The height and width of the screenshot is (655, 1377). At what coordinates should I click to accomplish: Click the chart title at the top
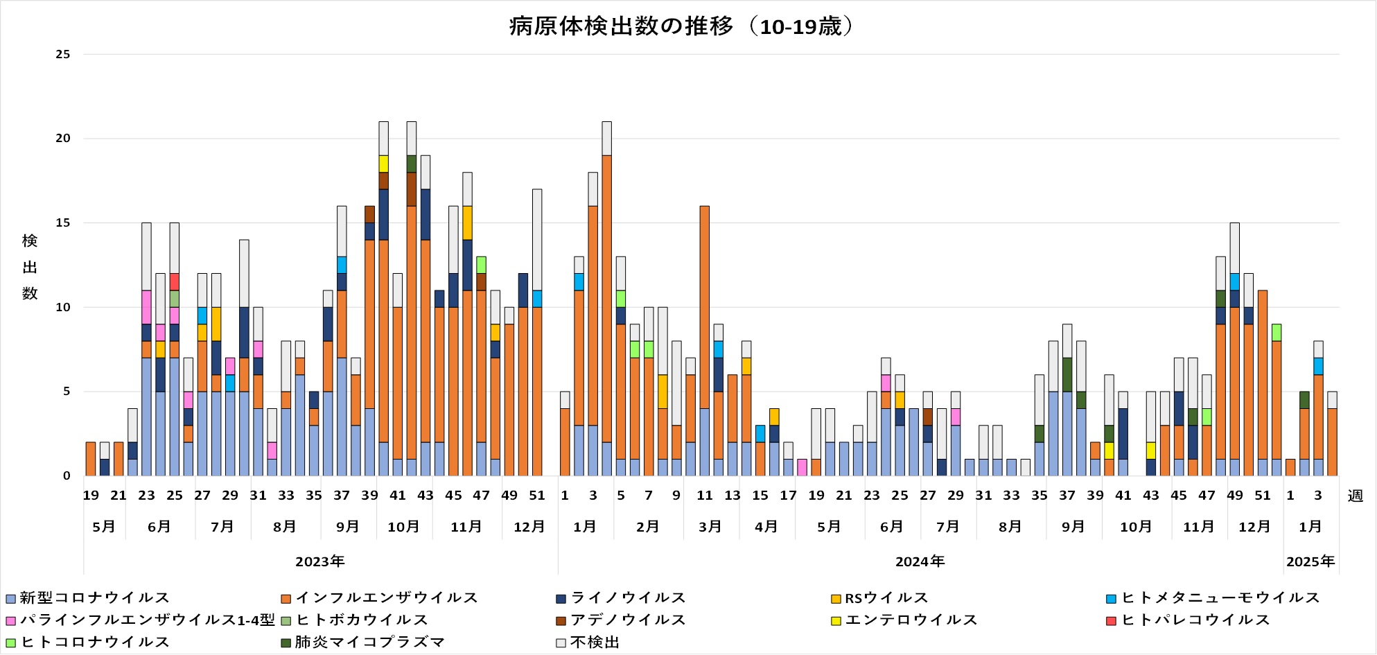(683, 26)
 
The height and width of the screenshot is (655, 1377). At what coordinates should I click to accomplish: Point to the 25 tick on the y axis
(63, 54)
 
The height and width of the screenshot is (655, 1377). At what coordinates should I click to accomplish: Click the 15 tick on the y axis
(63, 222)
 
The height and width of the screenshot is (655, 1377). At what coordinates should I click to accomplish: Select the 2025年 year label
(1310, 561)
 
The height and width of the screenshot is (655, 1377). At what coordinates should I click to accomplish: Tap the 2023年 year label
(319, 561)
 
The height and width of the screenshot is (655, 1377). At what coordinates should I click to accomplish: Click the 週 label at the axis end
(1355, 496)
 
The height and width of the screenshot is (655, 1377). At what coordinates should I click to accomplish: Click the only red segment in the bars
(175, 281)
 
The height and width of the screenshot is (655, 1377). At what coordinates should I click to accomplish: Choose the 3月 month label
(710, 527)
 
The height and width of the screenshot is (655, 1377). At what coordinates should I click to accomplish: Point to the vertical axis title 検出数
(30, 267)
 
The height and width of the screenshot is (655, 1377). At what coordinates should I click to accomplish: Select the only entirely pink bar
(802, 467)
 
